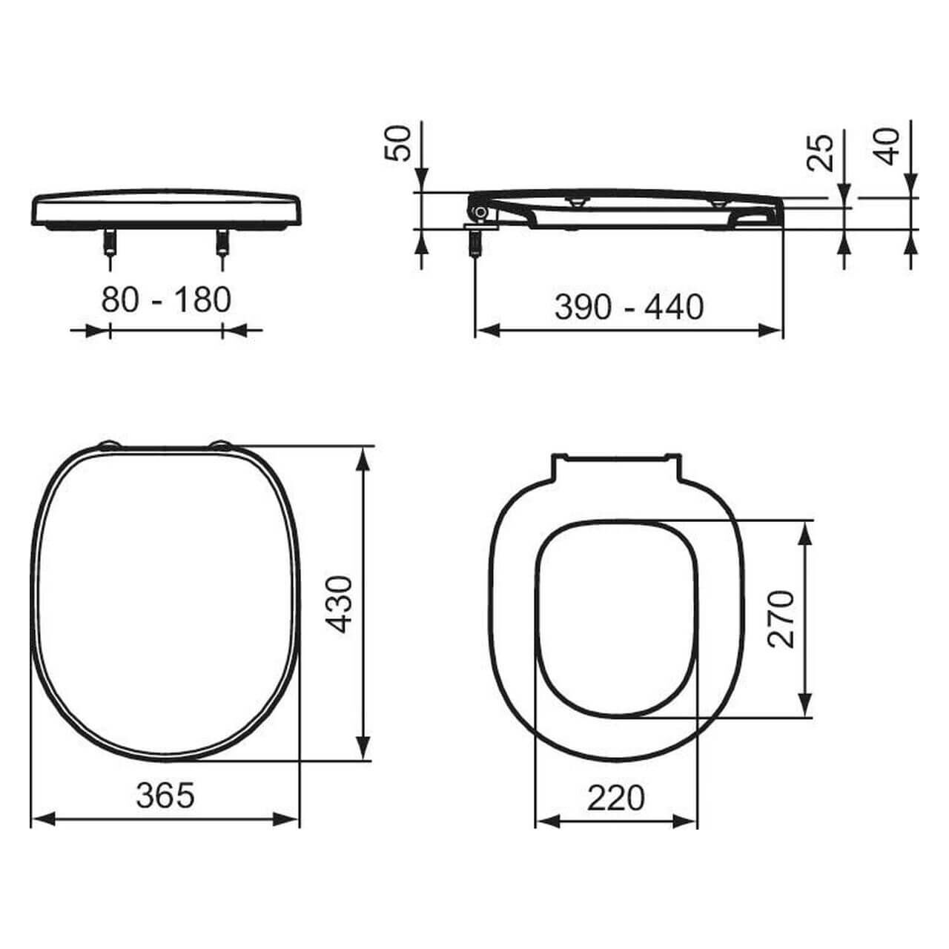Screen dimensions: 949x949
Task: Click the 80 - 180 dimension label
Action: pyautogui.click(x=166, y=300)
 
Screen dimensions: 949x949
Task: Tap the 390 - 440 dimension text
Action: pyautogui.click(x=629, y=307)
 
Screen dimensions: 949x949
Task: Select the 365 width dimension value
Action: pyautogui.click(x=165, y=796)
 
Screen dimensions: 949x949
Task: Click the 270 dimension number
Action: pyautogui.click(x=781, y=619)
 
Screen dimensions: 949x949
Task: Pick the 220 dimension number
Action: pyautogui.click(x=616, y=798)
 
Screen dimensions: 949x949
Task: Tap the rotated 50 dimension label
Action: pyautogui.click(x=398, y=143)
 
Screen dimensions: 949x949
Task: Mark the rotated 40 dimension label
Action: pyautogui.click(x=887, y=146)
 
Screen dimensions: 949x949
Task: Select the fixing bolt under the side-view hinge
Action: pyautogui.click(x=474, y=242)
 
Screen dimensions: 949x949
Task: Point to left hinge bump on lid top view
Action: pyautogui.click(x=109, y=445)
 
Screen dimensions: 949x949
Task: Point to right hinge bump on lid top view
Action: pyautogui.click(x=222, y=445)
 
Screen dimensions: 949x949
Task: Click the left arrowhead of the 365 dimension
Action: pyautogui.click(x=43, y=819)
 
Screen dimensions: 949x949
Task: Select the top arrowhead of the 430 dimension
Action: pyautogui.click(x=363, y=458)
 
